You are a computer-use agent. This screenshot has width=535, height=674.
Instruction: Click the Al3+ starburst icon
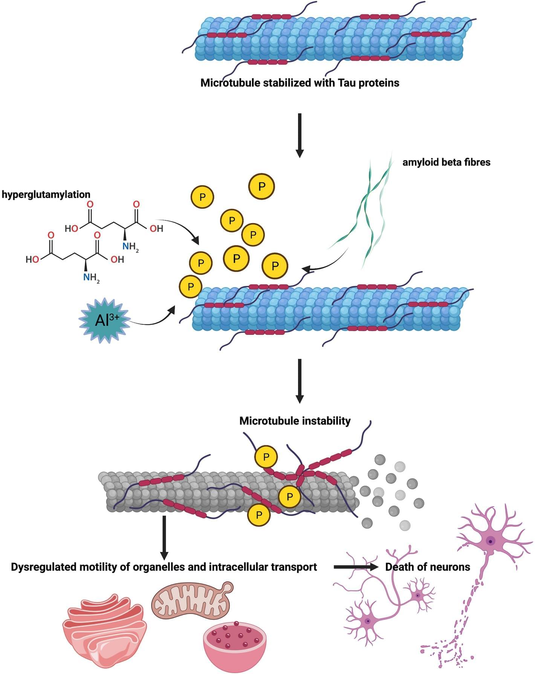pyautogui.click(x=105, y=320)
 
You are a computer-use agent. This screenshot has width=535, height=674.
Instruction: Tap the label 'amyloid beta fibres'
pyautogui.click(x=446, y=162)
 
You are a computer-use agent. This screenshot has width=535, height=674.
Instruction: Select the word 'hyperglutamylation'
pyautogui.click(x=46, y=194)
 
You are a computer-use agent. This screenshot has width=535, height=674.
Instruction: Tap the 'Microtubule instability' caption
pyautogui.click(x=295, y=421)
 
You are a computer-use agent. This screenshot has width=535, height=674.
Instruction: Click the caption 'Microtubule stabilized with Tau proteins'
pyautogui.click(x=300, y=83)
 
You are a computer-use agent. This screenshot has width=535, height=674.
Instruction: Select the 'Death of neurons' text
pyautogui.click(x=428, y=567)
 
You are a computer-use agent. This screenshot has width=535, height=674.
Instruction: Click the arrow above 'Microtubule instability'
pyautogui.click(x=300, y=381)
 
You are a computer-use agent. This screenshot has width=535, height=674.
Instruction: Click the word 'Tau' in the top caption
pyautogui.click(x=347, y=83)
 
